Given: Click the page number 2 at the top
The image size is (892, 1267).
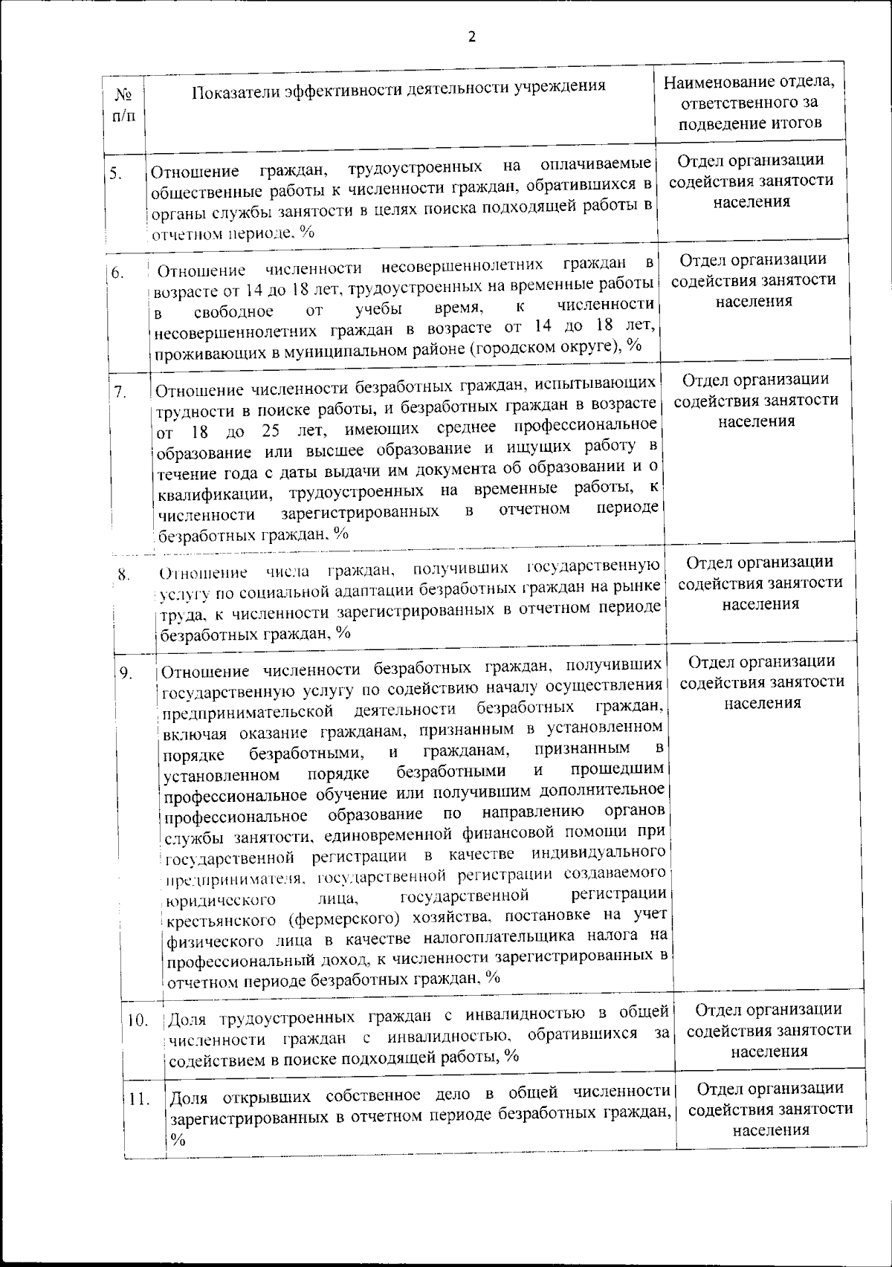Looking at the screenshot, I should point(471,37).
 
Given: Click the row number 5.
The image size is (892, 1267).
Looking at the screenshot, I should point(115,174).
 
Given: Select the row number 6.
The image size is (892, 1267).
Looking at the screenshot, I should point(117,273).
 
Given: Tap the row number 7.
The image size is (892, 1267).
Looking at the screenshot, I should point(120,392).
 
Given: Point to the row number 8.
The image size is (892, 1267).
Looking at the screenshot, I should point(124,574).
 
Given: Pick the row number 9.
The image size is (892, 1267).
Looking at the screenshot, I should point(126,673).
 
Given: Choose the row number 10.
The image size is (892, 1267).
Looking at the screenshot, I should point(138,1020).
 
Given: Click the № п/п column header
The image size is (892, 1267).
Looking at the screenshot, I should point(124,105).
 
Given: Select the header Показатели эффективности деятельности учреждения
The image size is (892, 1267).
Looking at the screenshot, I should point(398,88).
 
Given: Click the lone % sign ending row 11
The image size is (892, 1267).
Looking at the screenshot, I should point(178,1140).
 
